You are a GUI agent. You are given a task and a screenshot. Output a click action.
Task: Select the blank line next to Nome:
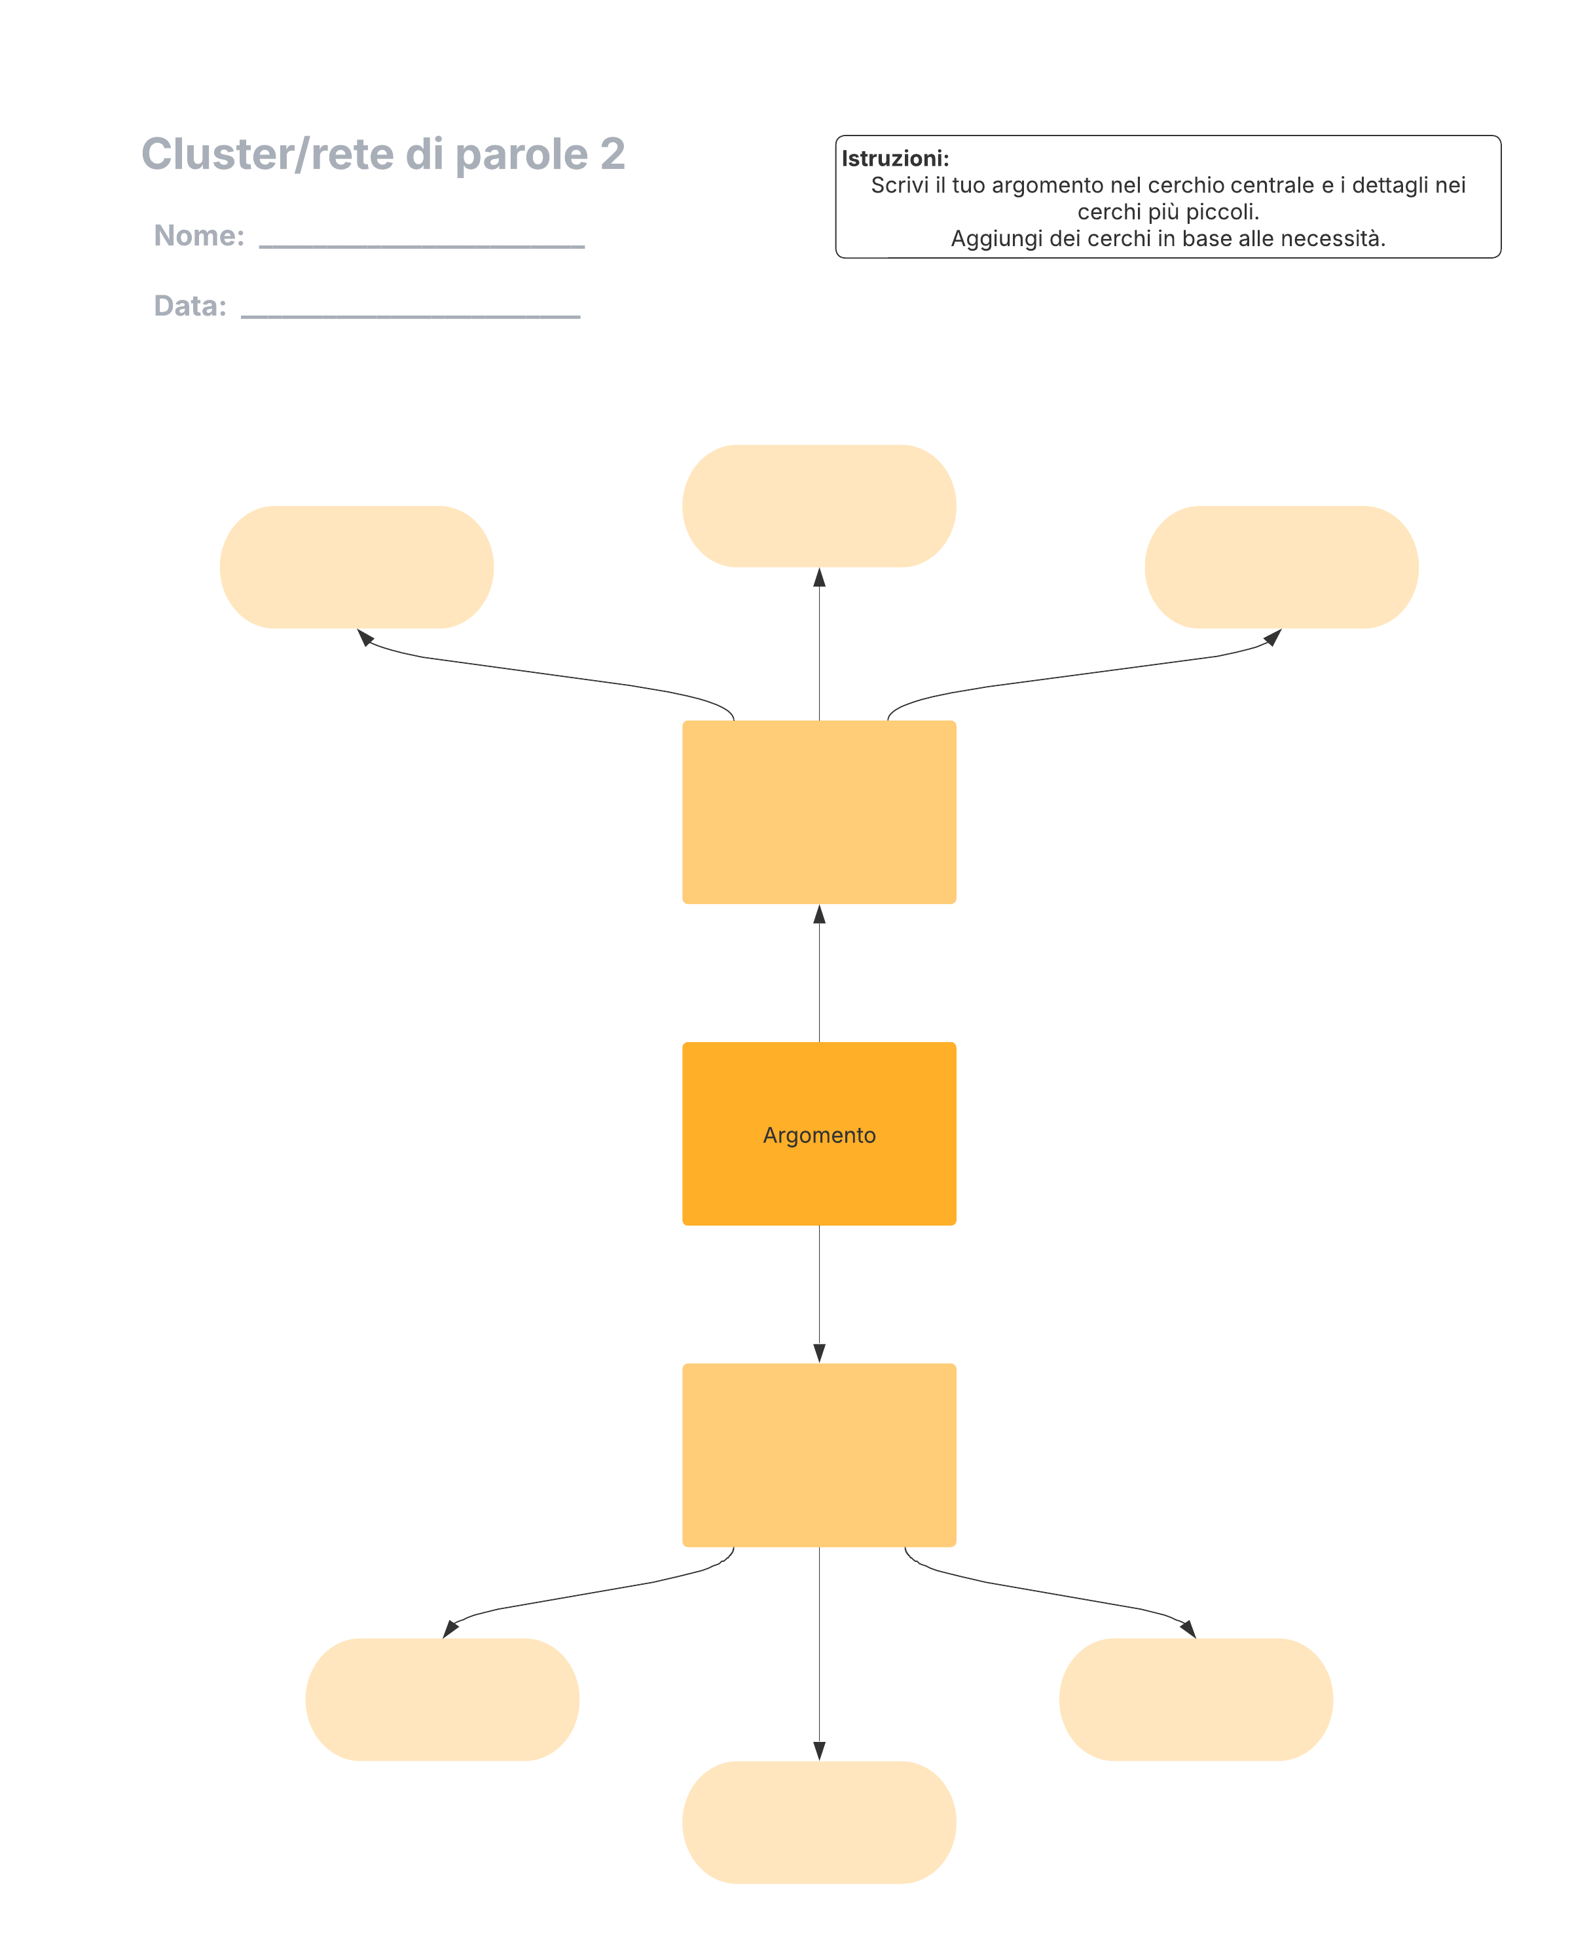tap(422, 245)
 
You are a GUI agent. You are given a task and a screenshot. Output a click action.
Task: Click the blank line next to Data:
tap(411, 316)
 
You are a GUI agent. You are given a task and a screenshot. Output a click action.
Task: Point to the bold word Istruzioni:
tap(895, 158)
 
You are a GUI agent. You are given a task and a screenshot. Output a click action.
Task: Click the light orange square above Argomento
tap(818, 812)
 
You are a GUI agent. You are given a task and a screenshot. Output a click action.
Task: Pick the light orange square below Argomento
tap(818, 1455)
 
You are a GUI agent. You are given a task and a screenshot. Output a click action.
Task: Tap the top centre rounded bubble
tap(818, 506)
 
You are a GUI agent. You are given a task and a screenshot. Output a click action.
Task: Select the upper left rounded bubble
tap(356, 568)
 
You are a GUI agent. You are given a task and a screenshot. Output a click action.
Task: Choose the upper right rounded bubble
tap(1281, 568)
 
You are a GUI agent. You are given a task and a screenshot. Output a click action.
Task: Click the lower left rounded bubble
tap(443, 1699)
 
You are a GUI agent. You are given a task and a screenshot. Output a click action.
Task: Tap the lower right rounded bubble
tap(1196, 1699)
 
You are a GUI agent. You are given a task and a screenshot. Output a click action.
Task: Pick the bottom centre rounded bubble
tap(818, 1822)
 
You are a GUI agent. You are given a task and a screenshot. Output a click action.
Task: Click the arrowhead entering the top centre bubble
tap(818, 577)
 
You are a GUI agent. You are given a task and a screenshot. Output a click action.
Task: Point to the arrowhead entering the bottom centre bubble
tap(818, 1751)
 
